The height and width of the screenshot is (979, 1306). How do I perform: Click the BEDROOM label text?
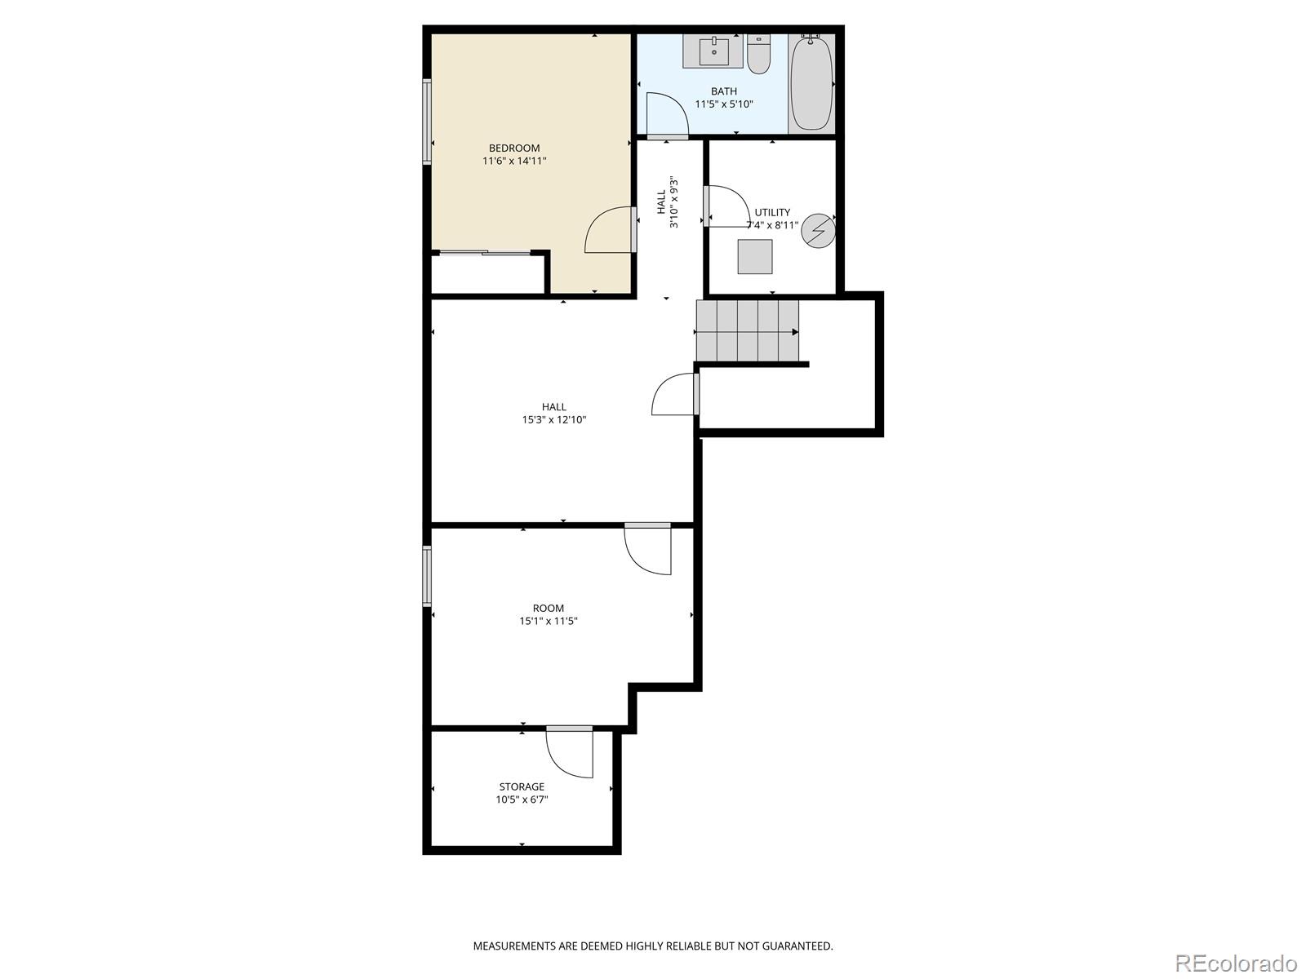514,148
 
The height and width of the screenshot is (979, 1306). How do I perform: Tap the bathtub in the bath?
811,83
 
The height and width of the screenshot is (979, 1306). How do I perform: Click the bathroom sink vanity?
713,51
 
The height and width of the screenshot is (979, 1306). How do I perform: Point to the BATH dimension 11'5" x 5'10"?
723,104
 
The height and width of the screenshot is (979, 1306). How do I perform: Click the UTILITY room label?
772,212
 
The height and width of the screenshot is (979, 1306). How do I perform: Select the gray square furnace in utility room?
755,256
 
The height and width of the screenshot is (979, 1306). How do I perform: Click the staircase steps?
747,331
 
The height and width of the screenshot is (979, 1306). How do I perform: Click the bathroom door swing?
667,113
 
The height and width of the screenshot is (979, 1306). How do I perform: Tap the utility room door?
725,206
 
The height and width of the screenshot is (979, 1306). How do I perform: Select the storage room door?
570,753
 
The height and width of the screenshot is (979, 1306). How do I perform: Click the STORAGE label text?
522,786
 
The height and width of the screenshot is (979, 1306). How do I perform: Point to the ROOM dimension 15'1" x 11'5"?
549,621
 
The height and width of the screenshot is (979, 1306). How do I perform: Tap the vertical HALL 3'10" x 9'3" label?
667,202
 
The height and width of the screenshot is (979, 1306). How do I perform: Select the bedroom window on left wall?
427,122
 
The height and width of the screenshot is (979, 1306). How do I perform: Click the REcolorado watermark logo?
1236,963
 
